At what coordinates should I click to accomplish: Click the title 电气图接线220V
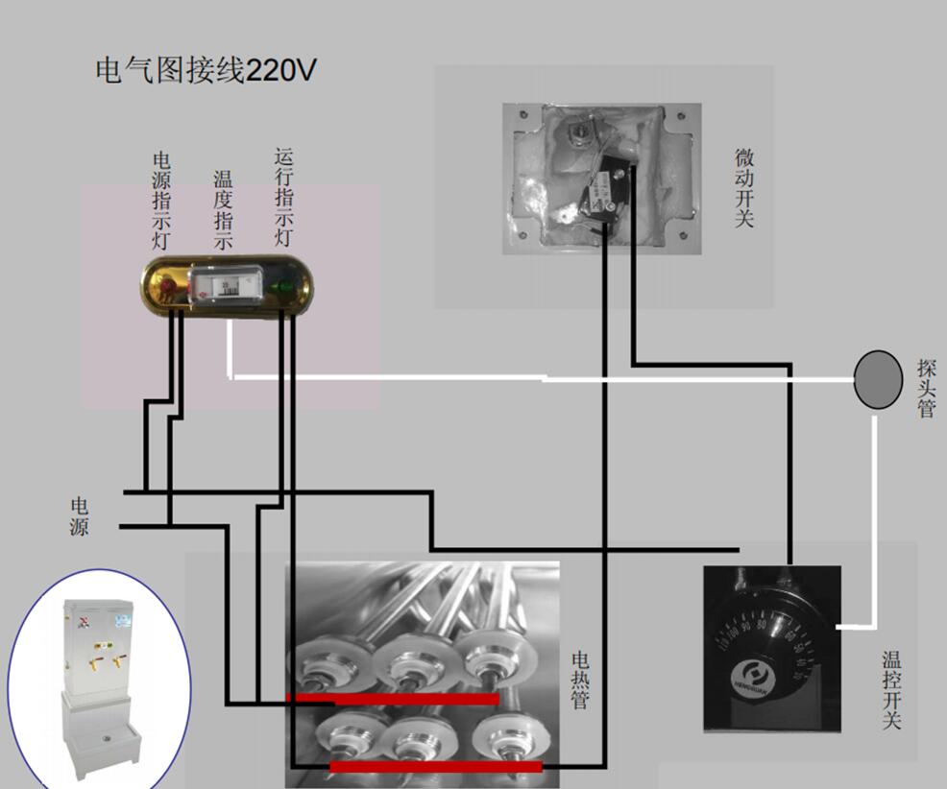tap(206, 71)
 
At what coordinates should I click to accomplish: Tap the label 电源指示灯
tap(161, 200)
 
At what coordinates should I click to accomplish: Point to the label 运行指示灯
tap(283, 196)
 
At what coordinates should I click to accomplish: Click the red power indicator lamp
tap(169, 284)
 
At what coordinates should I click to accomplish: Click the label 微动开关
tap(744, 187)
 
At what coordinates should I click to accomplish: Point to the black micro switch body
tap(604, 192)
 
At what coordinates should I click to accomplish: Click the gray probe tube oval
tap(878, 379)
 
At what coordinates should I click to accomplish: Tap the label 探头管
tap(926, 388)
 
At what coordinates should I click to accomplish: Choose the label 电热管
tap(580, 681)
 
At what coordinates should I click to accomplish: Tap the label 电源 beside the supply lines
tap(79, 515)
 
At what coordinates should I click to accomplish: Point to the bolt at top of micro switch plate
tap(581, 132)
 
